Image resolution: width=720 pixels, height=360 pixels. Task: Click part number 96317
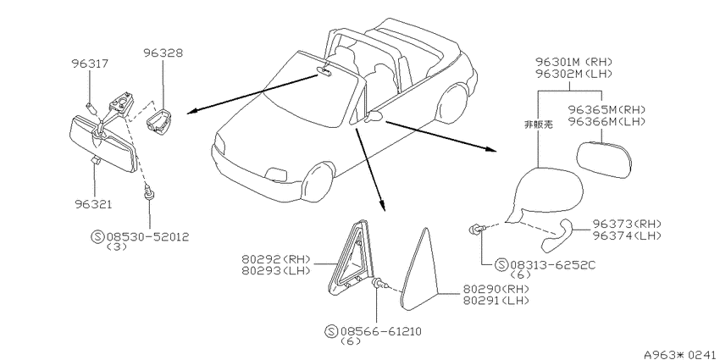pos(90,64)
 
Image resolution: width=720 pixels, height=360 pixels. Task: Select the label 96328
pos(163,53)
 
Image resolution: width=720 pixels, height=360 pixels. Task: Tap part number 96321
pos(93,204)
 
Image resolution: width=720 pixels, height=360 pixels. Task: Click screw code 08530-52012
pos(148,237)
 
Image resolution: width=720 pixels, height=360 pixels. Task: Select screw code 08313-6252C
pos(552,265)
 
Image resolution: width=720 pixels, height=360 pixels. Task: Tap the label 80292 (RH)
pos(276,259)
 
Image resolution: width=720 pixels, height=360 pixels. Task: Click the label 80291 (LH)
pos(496,301)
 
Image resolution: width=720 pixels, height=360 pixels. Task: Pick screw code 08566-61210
pos(380,331)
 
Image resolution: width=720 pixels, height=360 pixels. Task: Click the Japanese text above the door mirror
pos(538,125)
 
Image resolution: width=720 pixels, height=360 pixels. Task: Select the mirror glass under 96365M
pos(604,160)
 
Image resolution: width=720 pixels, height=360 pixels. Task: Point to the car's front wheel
pos(317,182)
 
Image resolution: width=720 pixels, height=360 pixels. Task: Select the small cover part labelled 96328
pos(158,120)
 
